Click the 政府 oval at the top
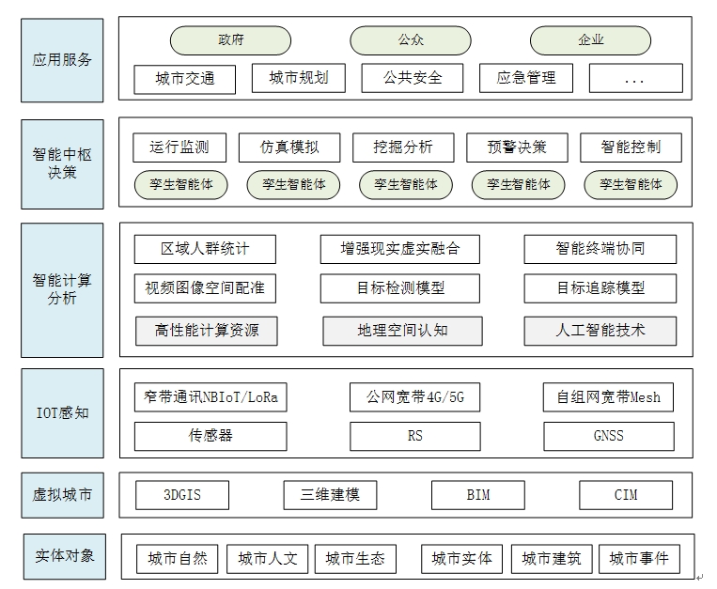[230, 40]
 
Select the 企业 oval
[590, 40]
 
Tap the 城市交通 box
[185, 79]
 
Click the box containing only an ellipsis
[635, 78]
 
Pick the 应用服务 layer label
[62, 60]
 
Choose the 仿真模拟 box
[289, 147]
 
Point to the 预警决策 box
[517, 147]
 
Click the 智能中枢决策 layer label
[62, 164]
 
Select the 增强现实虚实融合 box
[400, 249]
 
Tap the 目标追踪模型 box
[600, 287]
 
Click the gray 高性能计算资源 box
[206, 331]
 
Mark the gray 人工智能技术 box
[600, 331]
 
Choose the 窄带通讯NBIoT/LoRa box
[210, 397]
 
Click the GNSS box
[609, 436]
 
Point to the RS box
[415, 436]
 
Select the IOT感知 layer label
[63, 413]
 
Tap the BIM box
[478, 495]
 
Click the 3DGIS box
[182, 495]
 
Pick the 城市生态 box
[355, 558]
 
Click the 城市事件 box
[639, 558]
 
